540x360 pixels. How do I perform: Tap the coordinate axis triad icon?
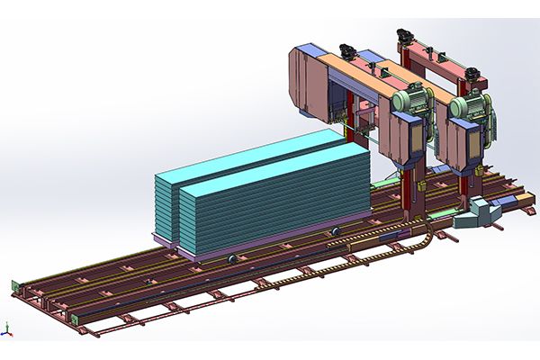(7, 329)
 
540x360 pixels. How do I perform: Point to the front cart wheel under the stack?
(232, 259)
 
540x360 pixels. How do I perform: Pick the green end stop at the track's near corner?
(64, 316)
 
